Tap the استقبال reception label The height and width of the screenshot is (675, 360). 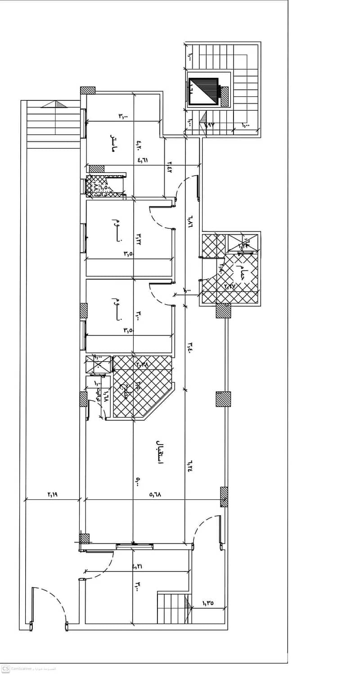click(160, 452)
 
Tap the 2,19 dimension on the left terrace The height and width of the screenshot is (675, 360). click(52, 494)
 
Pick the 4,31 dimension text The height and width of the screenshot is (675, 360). click(137, 566)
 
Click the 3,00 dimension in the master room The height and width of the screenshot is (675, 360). click(123, 116)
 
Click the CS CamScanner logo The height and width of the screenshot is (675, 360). click(5, 669)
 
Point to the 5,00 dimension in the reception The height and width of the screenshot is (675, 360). click(138, 482)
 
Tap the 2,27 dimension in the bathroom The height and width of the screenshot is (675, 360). click(230, 285)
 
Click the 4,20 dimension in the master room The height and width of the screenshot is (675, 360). click(139, 145)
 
